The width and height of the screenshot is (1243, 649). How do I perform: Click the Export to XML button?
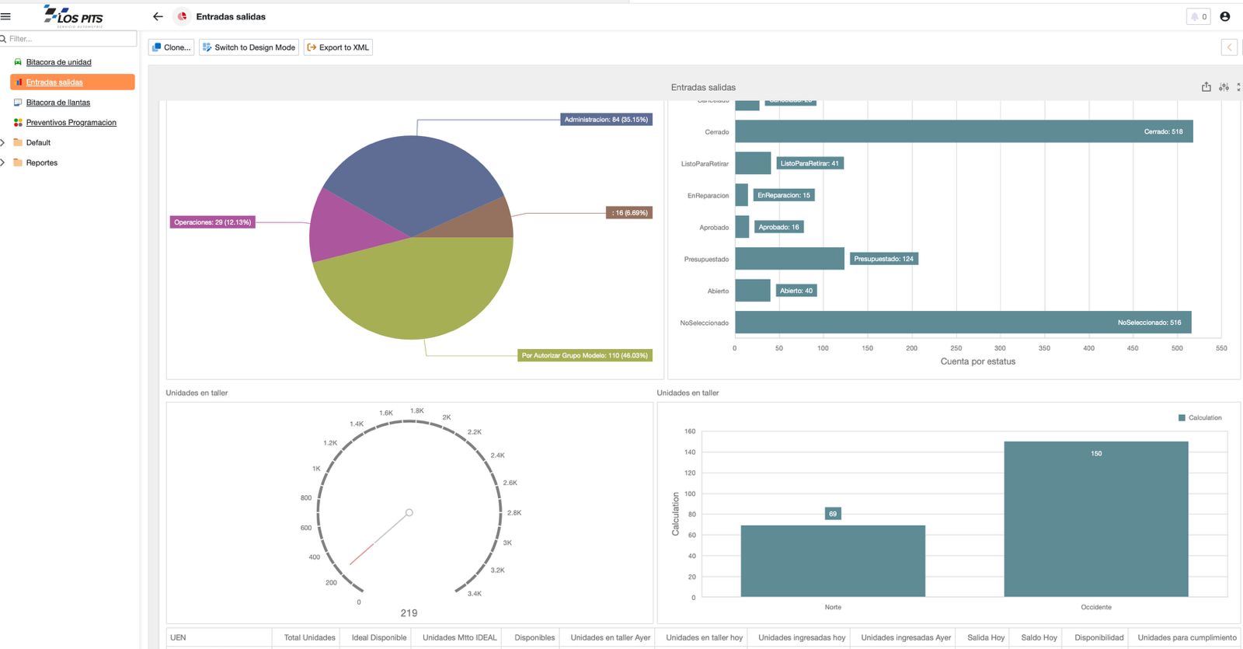pyautogui.click(x=338, y=47)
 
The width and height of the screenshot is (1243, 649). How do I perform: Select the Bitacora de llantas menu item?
pyautogui.click(x=57, y=103)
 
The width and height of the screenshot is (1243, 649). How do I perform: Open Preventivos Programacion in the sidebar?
pyautogui.click(x=71, y=123)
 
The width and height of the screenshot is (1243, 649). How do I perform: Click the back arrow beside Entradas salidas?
pyautogui.click(x=158, y=16)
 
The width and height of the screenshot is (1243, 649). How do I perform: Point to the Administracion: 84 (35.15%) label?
pyautogui.click(x=606, y=120)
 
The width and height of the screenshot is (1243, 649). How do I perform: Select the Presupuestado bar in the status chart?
pyautogui.click(x=789, y=259)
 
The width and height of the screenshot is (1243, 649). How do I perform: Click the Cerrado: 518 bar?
pyautogui.click(x=963, y=131)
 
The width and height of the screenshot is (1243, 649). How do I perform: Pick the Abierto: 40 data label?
pyautogui.click(x=796, y=291)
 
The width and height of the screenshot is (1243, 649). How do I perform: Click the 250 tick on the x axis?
pyautogui.click(x=956, y=348)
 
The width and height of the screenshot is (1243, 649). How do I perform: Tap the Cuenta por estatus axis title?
pyautogui.click(x=977, y=361)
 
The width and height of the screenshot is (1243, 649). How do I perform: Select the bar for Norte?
pyautogui.click(x=833, y=560)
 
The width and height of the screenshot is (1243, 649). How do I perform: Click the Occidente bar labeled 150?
pyautogui.click(x=1095, y=518)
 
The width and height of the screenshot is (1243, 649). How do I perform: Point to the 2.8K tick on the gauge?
pyautogui.click(x=514, y=513)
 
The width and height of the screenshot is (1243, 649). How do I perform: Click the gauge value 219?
pyautogui.click(x=409, y=613)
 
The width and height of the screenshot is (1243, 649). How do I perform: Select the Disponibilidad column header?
pyautogui.click(x=1099, y=637)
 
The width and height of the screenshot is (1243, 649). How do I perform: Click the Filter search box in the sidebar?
pyautogui.click(x=70, y=39)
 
